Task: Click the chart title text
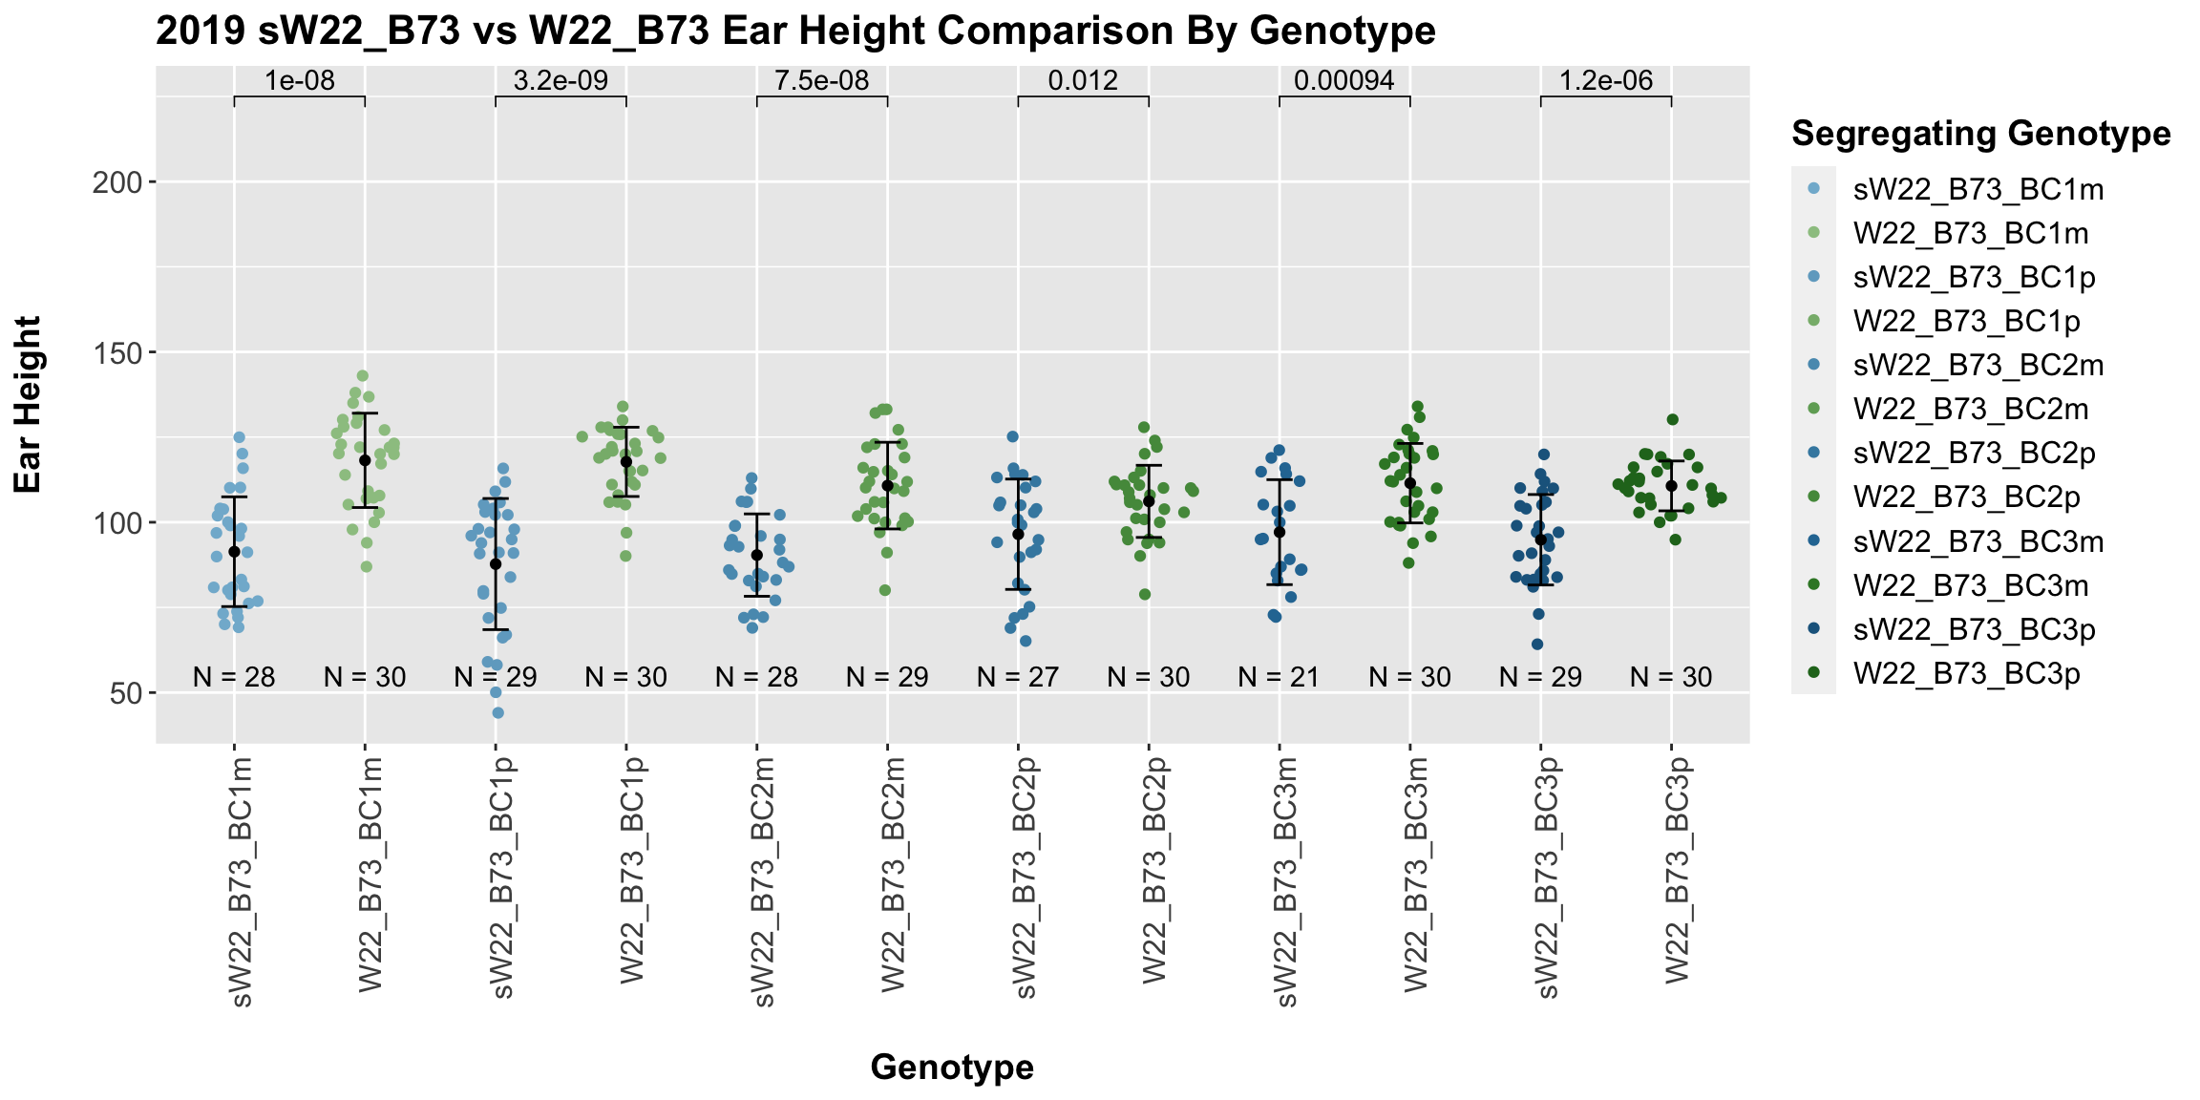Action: (795, 32)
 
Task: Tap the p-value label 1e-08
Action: (300, 81)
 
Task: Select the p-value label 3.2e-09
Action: (561, 81)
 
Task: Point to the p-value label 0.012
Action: (1083, 81)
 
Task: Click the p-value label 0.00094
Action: (1344, 81)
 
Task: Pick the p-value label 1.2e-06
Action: (1606, 81)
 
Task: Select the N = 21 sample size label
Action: (1279, 678)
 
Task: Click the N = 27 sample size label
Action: (1018, 678)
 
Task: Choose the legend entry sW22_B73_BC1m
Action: (1978, 190)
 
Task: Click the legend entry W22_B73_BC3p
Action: (1966, 674)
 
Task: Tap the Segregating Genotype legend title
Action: (1980, 134)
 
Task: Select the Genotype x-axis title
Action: (952, 1067)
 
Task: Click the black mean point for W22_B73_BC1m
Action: (365, 460)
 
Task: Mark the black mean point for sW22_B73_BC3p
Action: (1541, 539)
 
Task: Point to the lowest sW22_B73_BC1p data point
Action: (498, 712)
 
